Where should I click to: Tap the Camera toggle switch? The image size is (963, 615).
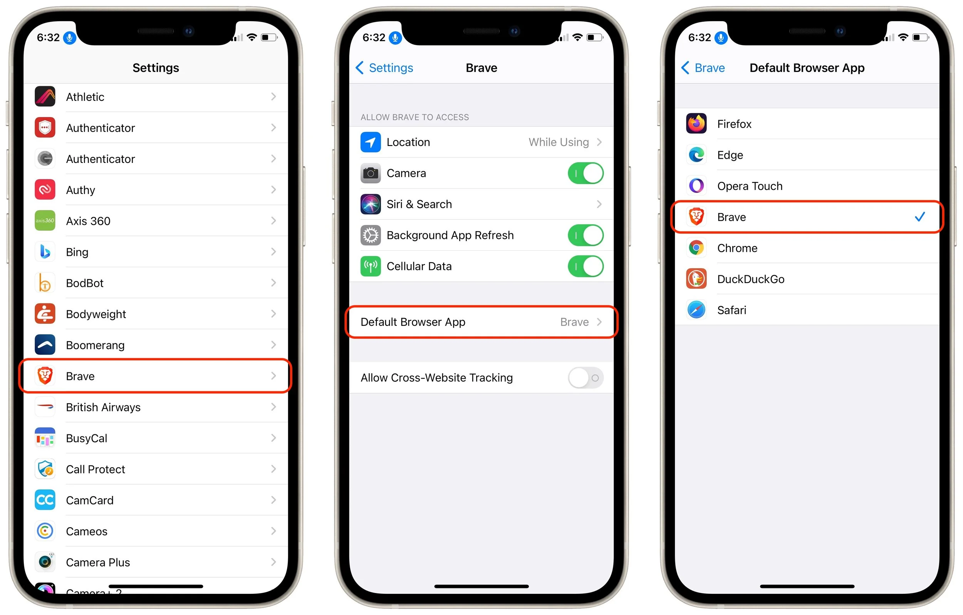click(585, 173)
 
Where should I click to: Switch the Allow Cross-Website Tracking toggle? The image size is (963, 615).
click(585, 377)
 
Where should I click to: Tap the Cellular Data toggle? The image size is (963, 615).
click(585, 266)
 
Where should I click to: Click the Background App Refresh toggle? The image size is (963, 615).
click(585, 235)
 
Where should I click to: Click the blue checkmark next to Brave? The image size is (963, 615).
click(919, 217)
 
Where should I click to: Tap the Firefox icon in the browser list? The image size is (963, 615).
click(696, 124)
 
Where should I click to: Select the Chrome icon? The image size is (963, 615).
click(696, 248)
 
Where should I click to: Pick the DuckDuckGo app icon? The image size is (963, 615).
click(696, 279)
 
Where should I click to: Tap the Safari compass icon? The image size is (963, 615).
click(696, 310)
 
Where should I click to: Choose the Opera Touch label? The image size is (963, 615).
click(750, 186)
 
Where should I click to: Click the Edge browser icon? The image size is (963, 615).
click(696, 155)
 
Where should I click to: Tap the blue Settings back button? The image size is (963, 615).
click(384, 68)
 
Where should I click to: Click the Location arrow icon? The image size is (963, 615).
click(370, 142)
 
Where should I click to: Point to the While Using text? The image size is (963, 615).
click(558, 142)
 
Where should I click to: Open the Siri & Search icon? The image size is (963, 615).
click(370, 204)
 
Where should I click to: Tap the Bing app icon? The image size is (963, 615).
click(45, 252)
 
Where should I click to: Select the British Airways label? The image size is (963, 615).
click(103, 407)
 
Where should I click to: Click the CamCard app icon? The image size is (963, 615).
click(45, 500)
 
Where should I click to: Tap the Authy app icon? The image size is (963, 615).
click(45, 189)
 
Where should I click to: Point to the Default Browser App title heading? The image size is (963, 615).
click(807, 68)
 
